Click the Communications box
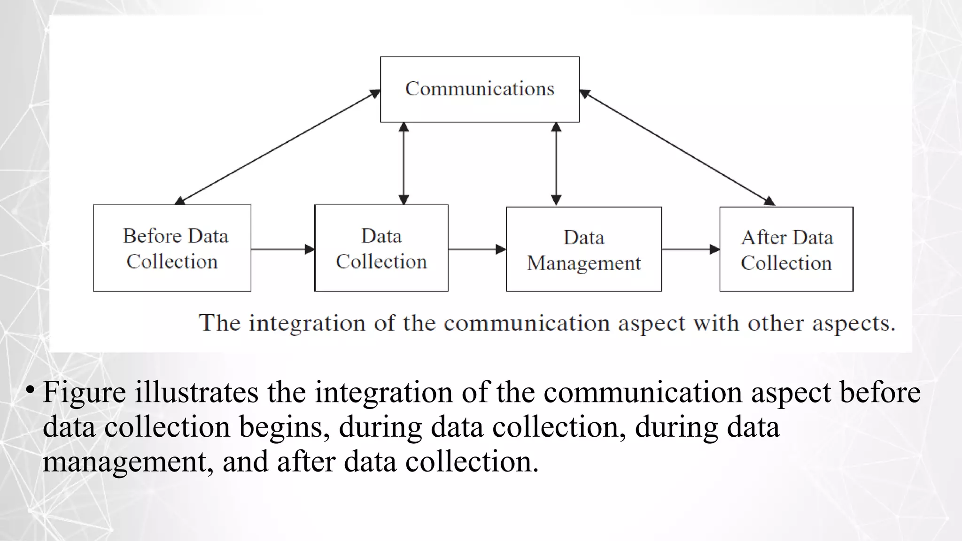tap(480, 89)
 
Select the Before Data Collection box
tap(172, 248)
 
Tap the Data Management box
tap(584, 249)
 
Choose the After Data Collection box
tap(786, 249)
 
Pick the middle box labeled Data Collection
tap(381, 248)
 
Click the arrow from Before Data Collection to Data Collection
tap(282, 249)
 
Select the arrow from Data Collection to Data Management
tap(477, 249)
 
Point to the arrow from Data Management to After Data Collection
tap(690, 249)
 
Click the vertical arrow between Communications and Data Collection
tap(403, 163)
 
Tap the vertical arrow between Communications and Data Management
tap(556, 163)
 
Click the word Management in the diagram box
tap(584, 263)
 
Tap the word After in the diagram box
tap(760, 238)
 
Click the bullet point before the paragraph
tap(30, 389)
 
